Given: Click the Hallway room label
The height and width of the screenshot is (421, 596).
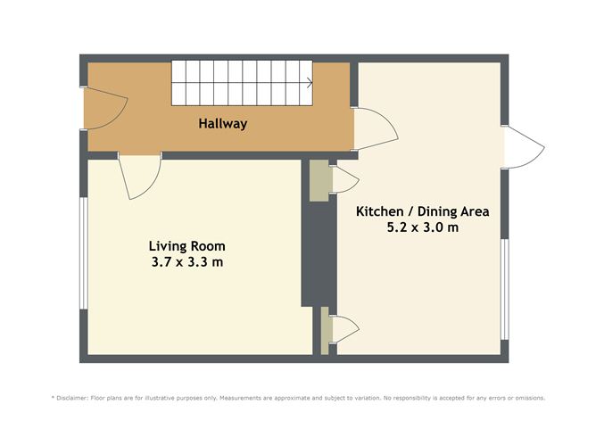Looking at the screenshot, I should click(222, 124).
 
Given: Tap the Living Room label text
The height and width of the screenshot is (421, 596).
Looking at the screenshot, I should click(186, 245).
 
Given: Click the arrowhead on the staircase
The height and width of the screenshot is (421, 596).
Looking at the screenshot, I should click(309, 84).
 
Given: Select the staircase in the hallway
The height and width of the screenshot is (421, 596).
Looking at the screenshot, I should click(241, 83).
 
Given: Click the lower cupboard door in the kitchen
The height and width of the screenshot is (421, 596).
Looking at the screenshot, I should click(344, 327).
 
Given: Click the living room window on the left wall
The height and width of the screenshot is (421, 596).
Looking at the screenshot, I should click(83, 253).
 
